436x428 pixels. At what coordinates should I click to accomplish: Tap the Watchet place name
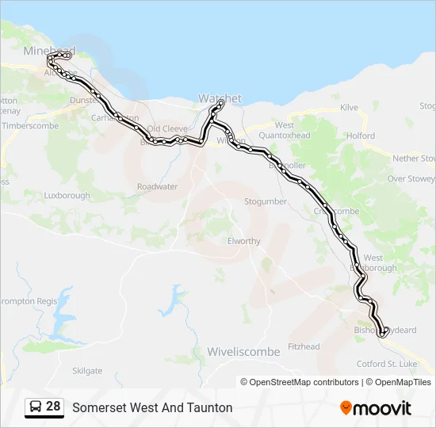pos(220,98)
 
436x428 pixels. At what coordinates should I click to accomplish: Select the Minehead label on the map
pos(49,51)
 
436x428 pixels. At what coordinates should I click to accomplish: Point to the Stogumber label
pos(266,201)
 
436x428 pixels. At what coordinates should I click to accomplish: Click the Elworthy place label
pos(243,241)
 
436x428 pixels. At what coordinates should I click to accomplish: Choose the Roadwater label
pos(157,186)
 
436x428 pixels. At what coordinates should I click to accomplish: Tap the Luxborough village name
pos(67,195)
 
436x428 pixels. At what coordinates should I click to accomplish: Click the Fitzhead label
pos(304,346)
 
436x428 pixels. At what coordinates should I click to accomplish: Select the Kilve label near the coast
pos(349,108)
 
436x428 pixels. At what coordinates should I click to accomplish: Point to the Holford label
pos(361,136)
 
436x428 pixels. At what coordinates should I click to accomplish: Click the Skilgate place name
pos(87,370)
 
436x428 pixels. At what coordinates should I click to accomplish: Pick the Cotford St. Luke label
pos(386,364)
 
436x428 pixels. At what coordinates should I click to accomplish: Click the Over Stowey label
pos(411,179)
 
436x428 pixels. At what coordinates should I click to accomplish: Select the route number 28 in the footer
pos(53,407)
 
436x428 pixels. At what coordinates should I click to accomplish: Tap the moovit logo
pos(376,407)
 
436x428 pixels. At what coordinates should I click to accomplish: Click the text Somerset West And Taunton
pos(152,407)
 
